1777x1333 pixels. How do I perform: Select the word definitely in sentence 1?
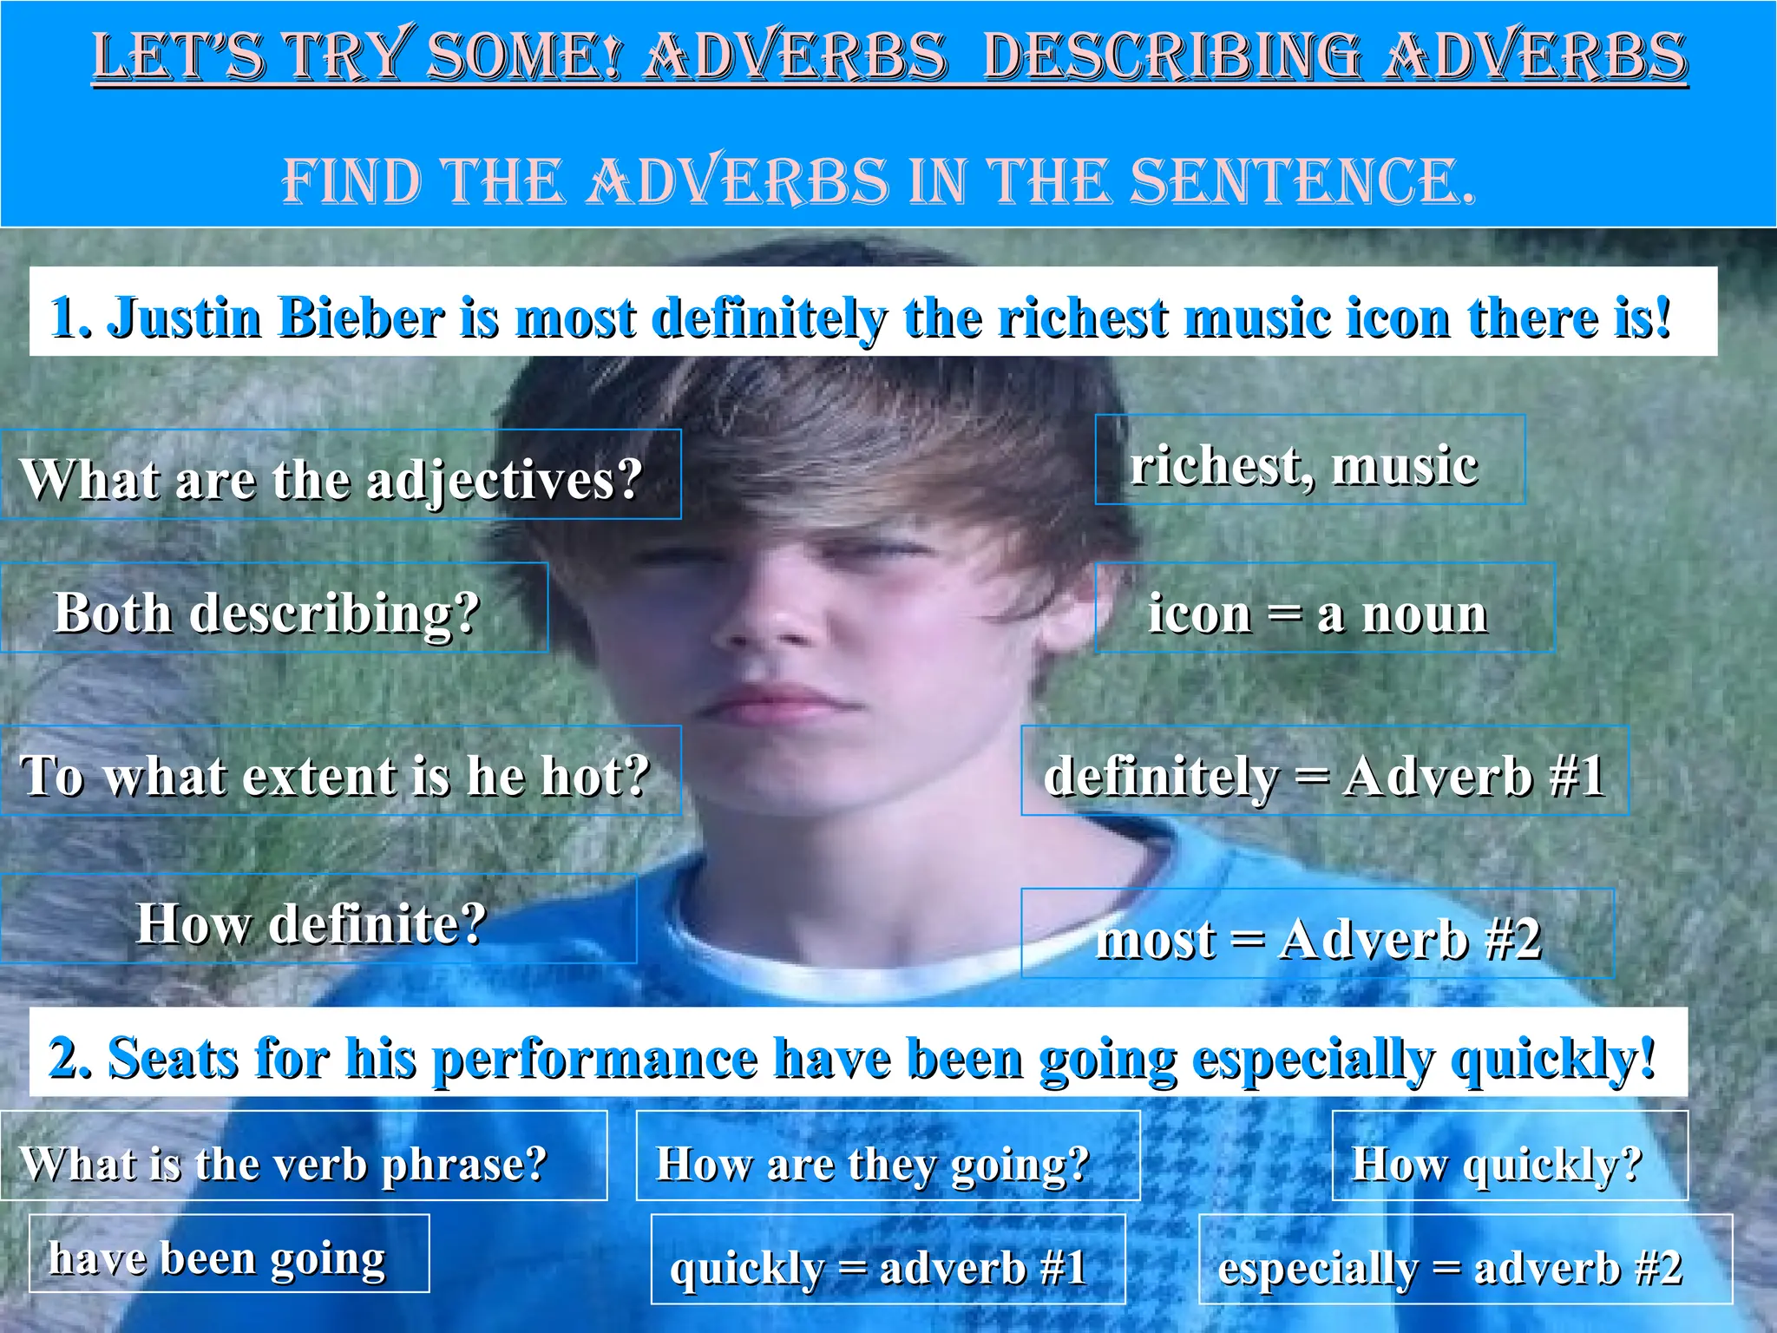point(769,318)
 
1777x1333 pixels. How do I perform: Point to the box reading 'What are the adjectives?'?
point(340,475)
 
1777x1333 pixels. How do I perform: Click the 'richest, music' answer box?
point(1309,460)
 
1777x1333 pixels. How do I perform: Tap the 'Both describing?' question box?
point(273,607)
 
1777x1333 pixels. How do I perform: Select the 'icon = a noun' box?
point(1323,607)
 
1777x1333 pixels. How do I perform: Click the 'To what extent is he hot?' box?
point(340,771)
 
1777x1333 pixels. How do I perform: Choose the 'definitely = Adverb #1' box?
point(1324,771)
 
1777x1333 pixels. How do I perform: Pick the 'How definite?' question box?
point(318,919)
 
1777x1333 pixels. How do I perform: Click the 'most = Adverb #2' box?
point(1317,934)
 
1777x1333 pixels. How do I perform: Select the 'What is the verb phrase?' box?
point(303,1156)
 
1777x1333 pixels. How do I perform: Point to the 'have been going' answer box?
point(229,1254)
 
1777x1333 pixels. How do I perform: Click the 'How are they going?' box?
point(888,1156)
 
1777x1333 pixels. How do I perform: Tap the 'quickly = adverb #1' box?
point(888,1260)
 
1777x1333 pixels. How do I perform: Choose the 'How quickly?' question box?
point(1510,1156)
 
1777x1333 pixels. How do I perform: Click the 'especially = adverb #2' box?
point(1465,1260)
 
